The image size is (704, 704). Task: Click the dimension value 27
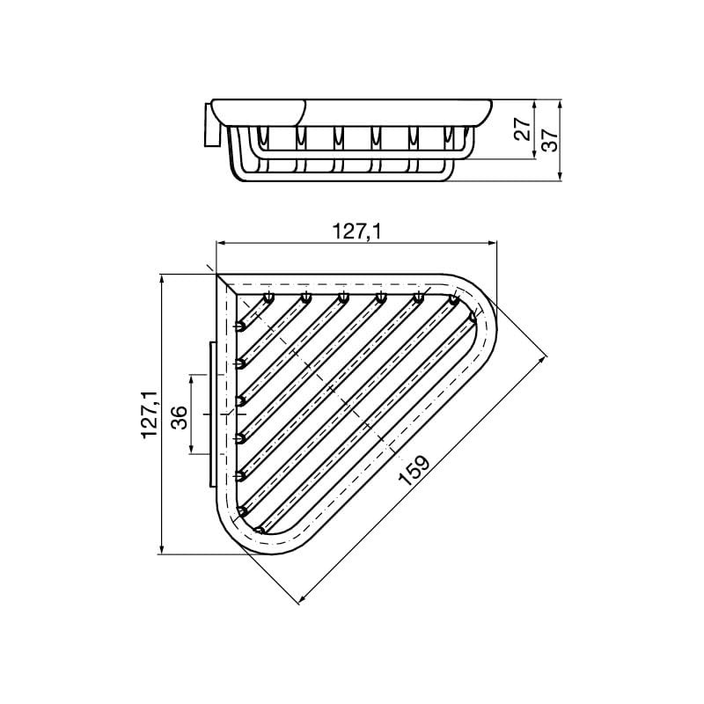(523, 129)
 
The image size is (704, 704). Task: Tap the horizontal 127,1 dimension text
(356, 231)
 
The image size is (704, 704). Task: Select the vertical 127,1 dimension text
(150, 414)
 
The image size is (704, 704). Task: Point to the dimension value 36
(180, 417)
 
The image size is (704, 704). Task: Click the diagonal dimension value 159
(414, 470)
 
